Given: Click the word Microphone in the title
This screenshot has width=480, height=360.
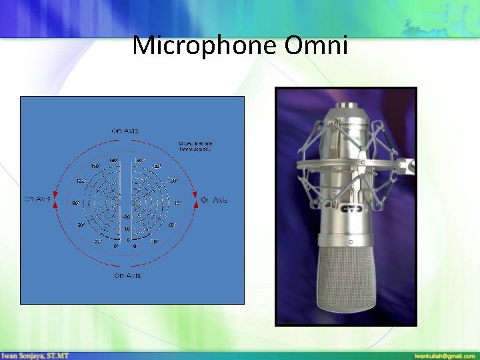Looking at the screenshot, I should coord(205,46).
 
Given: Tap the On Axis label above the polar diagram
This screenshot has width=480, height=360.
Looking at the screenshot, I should coord(125,131).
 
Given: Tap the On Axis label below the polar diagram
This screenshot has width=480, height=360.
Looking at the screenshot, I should coord(127,275).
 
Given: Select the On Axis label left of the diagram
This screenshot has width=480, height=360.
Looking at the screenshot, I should coord(37,199).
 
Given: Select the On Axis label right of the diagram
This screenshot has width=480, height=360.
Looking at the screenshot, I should coord(214,200).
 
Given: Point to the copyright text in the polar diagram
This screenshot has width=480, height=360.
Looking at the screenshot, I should coord(195,145).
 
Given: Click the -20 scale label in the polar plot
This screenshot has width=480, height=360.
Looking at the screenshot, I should coord(125,217).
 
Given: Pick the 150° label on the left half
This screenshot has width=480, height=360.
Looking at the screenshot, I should coord(95,167).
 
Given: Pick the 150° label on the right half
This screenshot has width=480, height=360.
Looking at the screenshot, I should coord(156,167).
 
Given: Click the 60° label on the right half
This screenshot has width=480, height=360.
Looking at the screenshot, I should coord(171,225).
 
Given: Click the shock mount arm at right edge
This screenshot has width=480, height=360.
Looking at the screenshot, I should coord(407,165).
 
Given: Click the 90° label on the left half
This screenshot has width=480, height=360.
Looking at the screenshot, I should coord(76,203).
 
